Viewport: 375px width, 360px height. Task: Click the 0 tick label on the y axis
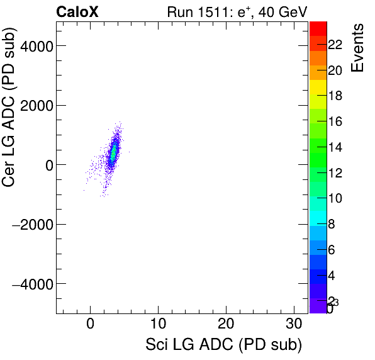pos(45,165)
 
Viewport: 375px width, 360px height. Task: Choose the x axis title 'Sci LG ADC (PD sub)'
pos(223,345)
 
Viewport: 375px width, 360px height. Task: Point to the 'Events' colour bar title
pos(357,48)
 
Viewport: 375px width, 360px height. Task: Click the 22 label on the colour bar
pos(335,45)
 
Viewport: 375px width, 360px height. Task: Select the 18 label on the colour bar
pos(335,96)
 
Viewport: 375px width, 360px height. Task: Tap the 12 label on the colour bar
pos(335,173)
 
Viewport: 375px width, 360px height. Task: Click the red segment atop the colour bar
pos(318,28)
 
